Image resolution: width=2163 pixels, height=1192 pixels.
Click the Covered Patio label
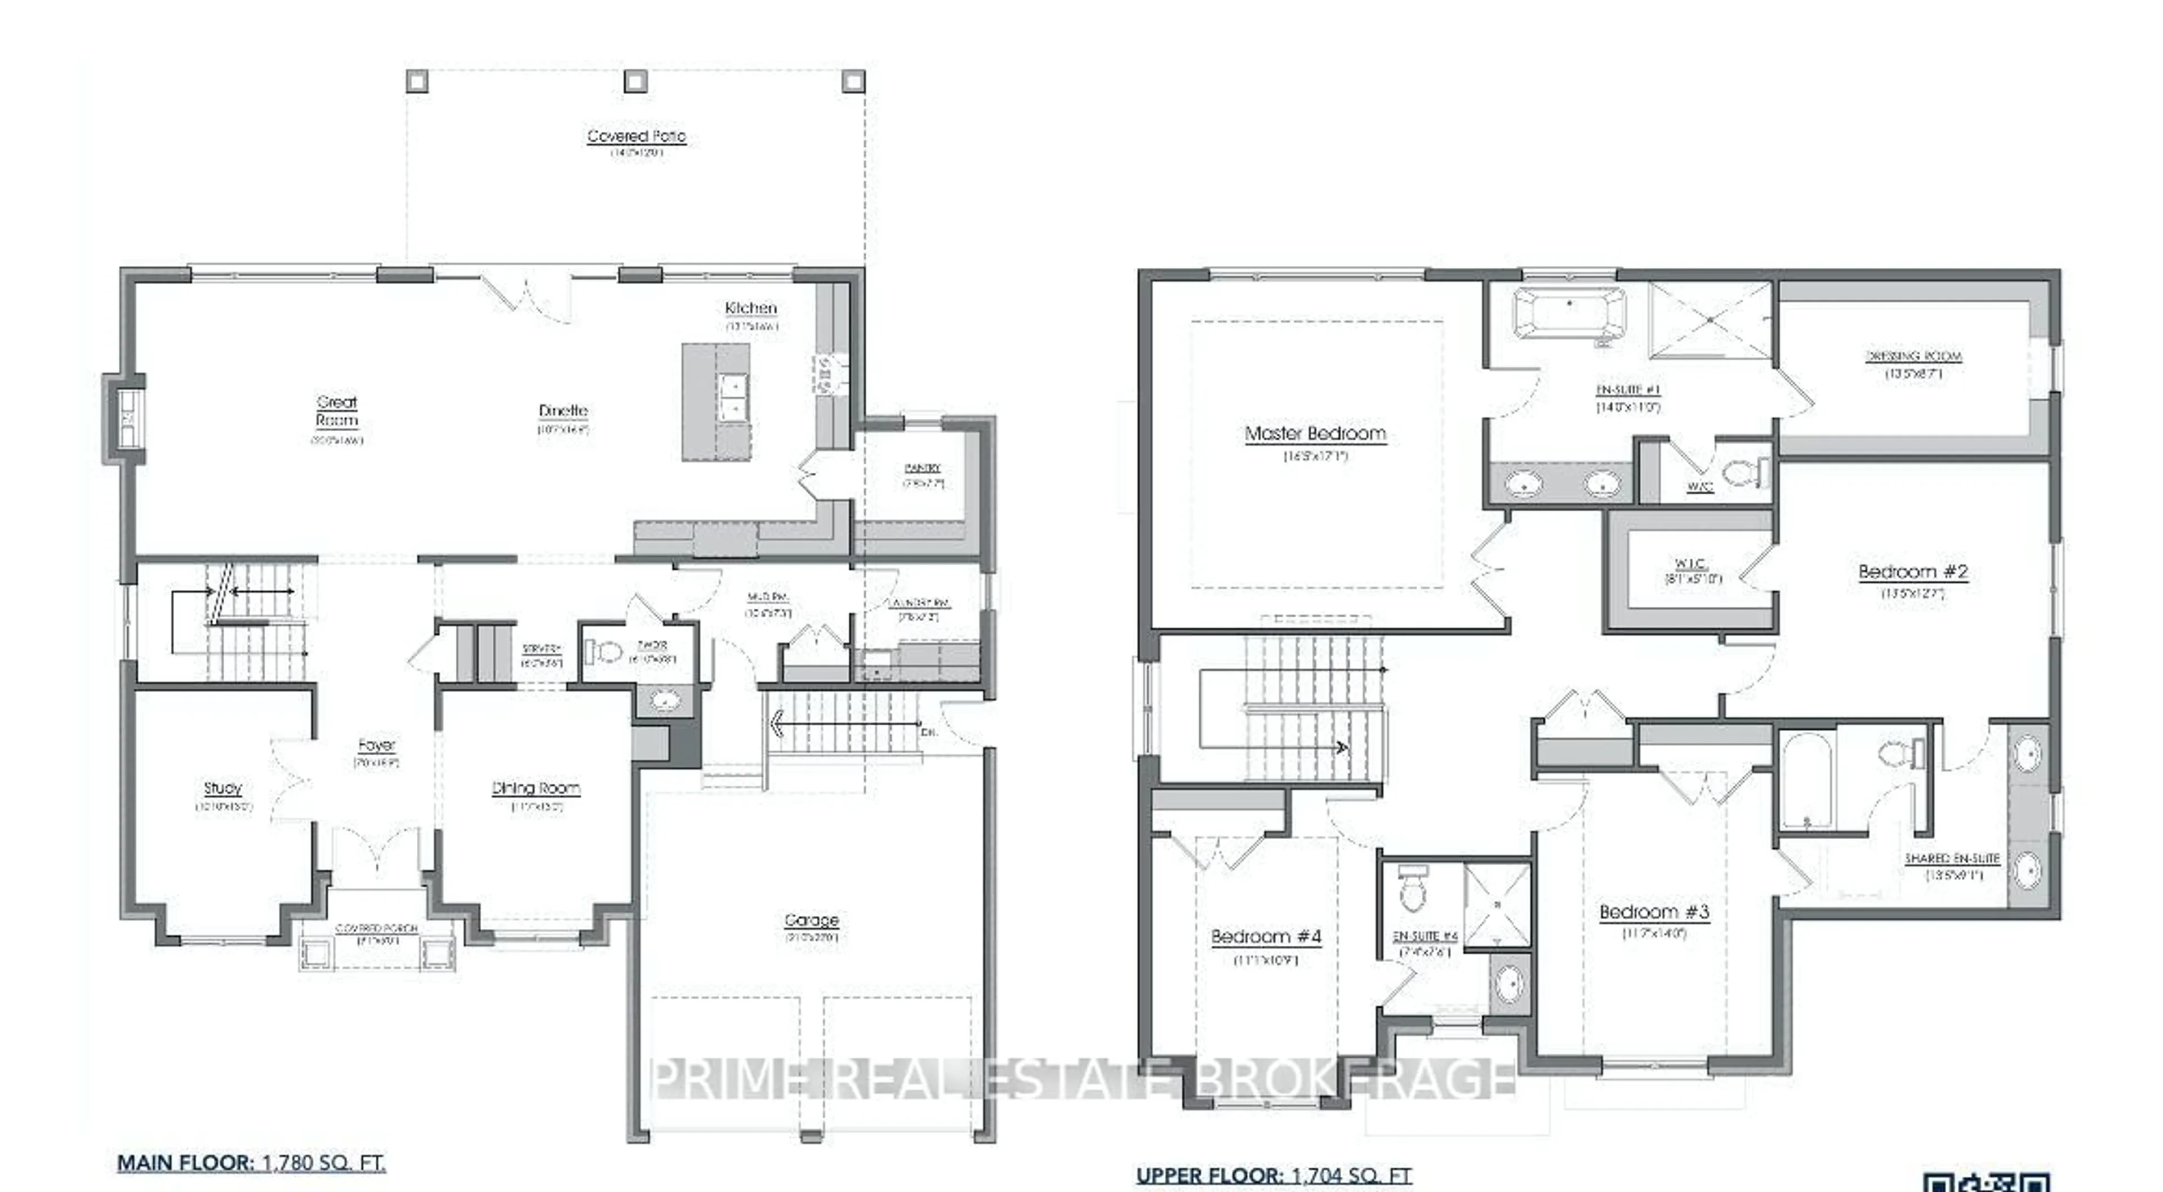635,136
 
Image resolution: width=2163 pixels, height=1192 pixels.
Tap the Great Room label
337,411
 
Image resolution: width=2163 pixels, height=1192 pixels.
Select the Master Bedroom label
1315,433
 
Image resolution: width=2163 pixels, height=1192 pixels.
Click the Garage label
811,920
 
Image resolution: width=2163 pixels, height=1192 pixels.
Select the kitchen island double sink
732,397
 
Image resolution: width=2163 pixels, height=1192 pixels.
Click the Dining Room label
536,788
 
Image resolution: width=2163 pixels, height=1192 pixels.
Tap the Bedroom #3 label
1653,911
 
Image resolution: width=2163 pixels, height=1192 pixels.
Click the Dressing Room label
1913,356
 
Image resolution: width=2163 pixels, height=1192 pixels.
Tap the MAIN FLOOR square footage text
251,1163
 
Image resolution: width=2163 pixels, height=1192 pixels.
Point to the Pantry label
922,468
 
